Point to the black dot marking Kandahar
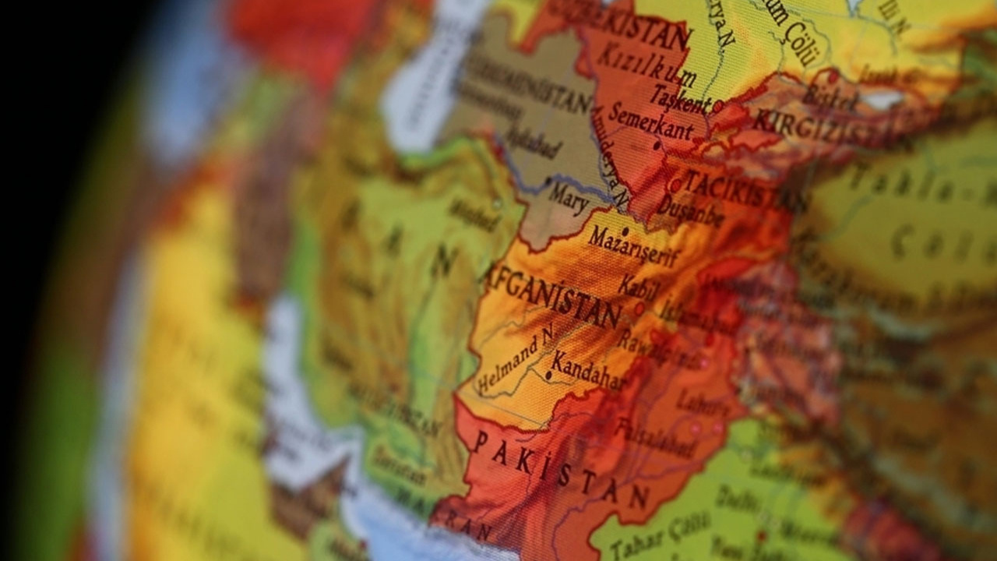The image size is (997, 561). tap(548, 376)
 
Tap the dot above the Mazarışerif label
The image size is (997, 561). tap(625, 231)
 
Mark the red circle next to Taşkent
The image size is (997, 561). tap(717, 105)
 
